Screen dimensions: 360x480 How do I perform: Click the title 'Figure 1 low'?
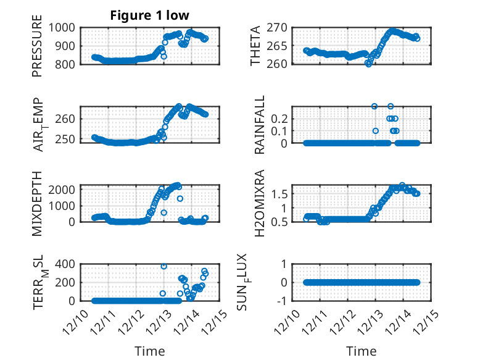[x=149, y=15]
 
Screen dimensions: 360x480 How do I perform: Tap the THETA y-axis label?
[x=255, y=46]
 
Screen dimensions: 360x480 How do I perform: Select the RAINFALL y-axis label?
[x=260, y=125]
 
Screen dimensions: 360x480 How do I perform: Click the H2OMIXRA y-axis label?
[x=260, y=203]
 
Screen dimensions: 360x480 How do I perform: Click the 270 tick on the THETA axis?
[x=281, y=27]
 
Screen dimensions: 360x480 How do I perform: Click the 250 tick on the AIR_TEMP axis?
[x=67, y=138]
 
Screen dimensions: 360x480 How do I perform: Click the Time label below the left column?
[x=150, y=351]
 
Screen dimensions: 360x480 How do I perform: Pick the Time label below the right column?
[x=362, y=351]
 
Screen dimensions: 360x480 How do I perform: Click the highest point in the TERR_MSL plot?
[x=164, y=266]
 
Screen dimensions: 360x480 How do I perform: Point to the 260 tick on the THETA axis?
[x=281, y=64]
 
